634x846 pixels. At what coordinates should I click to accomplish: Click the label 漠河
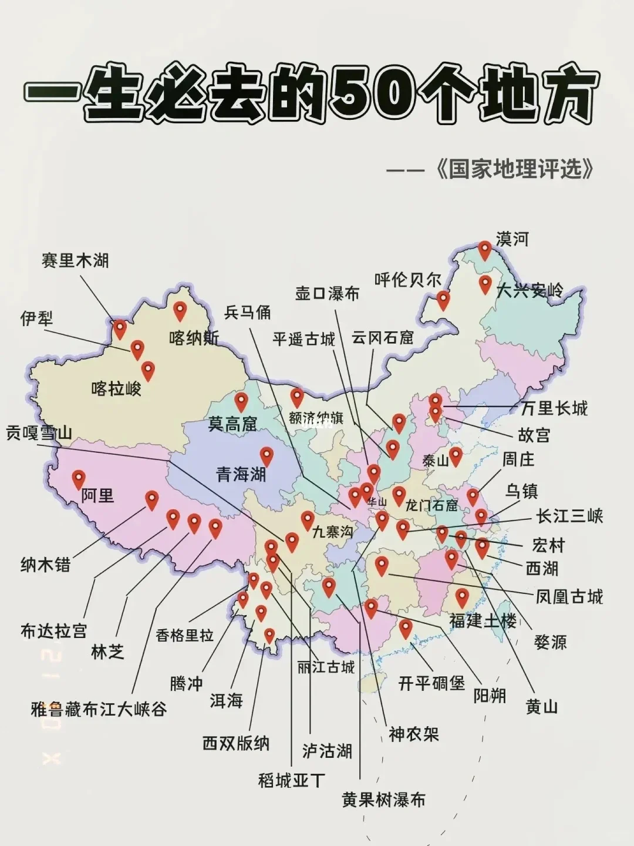tap(512, 239)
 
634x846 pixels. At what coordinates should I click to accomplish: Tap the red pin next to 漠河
tap(484, 250)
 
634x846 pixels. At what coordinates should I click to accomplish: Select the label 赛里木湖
tap(75, 260)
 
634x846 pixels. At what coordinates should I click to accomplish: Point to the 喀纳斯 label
tap(194, 338)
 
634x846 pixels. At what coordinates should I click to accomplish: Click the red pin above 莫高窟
tap(241, 402)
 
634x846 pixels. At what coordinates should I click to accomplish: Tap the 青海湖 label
tap(241, 474)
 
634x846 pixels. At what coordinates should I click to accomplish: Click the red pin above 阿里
tap(79, 479)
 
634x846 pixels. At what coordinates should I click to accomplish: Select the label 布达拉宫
tap(53, 631)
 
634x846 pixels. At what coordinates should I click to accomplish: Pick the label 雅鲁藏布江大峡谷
tap(99, 709)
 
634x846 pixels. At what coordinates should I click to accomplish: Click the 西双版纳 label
tap(236, 743)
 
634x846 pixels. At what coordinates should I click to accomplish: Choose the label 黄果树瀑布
tap(383, 800)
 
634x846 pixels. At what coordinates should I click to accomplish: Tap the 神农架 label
tap(413, 734)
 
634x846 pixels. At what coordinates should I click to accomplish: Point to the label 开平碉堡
tap(431, 683)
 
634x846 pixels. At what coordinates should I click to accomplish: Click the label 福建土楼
tap(483, 620)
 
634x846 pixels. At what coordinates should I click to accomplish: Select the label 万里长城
tap(554, 408)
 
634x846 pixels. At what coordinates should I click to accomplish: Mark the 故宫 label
tap(534, 435)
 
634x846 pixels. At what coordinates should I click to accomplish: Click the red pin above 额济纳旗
tap(297, 397)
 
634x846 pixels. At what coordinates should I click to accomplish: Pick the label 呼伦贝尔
tap(408, 280)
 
